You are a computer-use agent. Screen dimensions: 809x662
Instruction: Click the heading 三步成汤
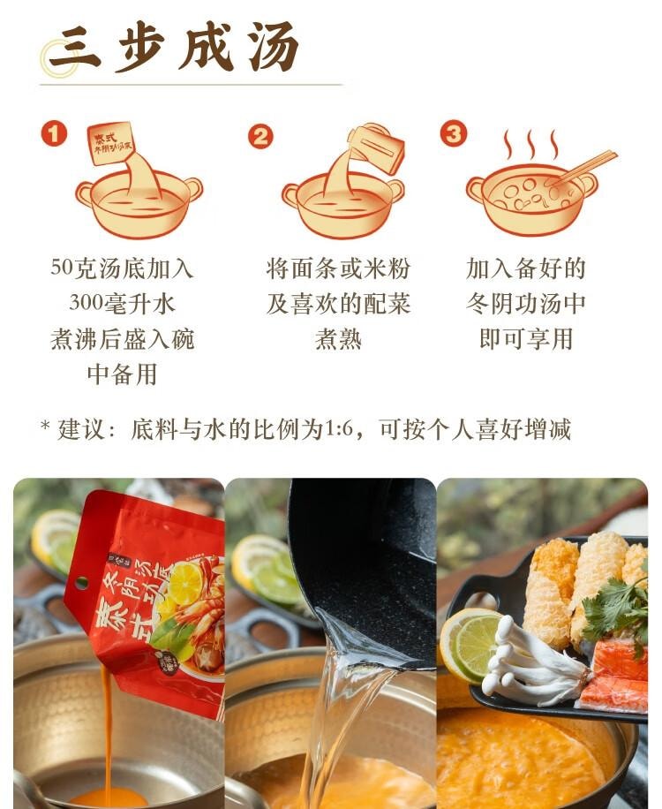(173, 47)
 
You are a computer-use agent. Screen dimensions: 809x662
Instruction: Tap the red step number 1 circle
(54, 133)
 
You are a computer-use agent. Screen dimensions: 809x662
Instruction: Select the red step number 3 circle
(453, 133)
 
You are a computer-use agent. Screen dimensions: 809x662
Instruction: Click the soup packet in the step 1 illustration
(111, 143)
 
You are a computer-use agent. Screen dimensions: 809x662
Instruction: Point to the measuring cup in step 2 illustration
(377, 146)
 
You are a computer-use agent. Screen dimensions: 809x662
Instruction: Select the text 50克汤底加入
(122, 268)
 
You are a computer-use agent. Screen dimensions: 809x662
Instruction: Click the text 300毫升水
(122, 304)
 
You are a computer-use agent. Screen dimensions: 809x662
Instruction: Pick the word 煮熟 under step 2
(338, 339)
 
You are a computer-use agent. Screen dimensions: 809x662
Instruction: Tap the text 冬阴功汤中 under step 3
(526, 304)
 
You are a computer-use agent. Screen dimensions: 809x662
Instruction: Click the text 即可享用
(526, 339)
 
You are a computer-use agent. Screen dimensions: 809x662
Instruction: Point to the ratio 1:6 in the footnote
(338, 430)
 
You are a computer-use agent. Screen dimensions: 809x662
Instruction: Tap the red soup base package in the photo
(150, 601)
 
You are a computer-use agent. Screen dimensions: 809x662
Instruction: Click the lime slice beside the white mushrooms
(470, 643)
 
